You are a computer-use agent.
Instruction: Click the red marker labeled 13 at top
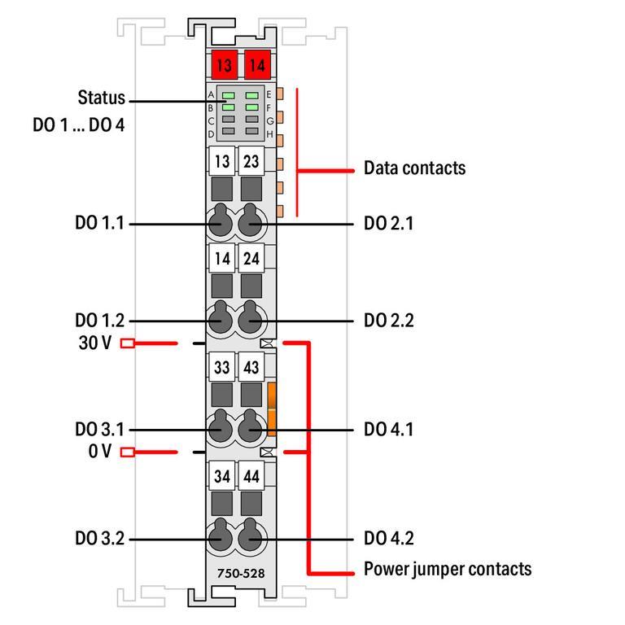[222, 63]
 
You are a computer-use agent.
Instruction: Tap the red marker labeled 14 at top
[256, 63]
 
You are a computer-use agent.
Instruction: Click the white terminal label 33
[221, 367]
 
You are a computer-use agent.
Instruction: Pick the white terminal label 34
[221, 474]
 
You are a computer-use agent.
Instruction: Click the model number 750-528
[240, 573]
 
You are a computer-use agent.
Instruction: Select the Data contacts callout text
[414, 168]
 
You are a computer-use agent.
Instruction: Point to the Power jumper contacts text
[448, 568]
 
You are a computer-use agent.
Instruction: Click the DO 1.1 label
[99, 222]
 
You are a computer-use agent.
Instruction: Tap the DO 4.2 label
[389, 539]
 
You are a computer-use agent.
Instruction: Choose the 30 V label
[94, 343]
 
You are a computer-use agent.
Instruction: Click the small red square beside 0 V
[127, 452]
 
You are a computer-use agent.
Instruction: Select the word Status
[102, 98]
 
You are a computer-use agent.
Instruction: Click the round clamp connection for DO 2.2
[251, 320]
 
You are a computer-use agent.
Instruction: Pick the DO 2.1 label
[389, 222]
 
